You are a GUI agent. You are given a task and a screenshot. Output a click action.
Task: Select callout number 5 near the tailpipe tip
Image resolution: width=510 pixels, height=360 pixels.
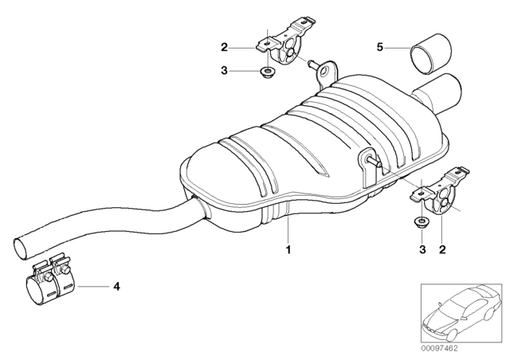380,48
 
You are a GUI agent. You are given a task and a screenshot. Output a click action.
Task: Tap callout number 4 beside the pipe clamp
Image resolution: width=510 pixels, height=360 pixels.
116,285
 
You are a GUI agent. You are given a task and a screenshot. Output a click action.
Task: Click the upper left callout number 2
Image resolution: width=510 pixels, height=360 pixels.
225,48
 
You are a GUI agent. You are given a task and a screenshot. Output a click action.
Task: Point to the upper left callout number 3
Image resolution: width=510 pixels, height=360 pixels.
225,72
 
